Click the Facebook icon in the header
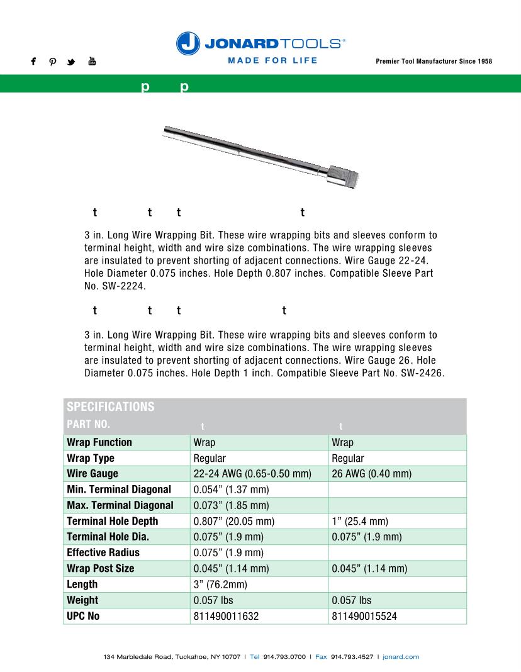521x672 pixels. [x=33, y=62]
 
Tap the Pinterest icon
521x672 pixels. [x=53, y=62]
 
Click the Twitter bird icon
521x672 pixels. [x=71, y=62]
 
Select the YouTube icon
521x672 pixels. [x=92, y=61]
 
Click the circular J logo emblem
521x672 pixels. [x=188, y=43]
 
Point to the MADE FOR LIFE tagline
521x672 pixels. [x=272, y=60]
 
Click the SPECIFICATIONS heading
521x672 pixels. [x=110, y=406]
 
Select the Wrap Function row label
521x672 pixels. [x=99, y=442]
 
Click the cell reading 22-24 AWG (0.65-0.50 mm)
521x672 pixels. [x=252, y=474]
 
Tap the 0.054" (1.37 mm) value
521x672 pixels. [x=231, y=490]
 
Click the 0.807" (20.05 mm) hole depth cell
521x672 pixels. [x=234, y=521]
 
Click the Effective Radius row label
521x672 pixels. [x=103, y=552]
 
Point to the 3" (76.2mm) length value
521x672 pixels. [x=220, y=584]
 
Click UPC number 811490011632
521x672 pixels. [x=226, y=616]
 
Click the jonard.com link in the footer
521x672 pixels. [x=401, y=657]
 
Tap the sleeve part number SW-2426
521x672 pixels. [x=422, y=372]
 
